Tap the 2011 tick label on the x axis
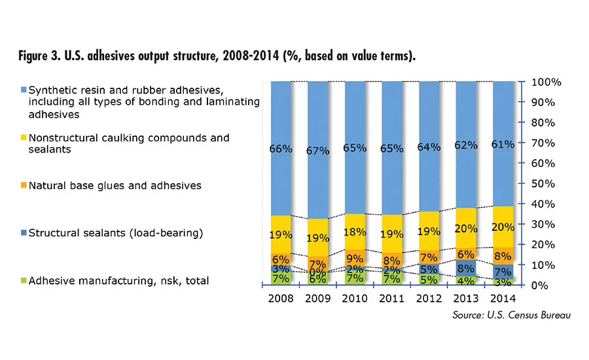tap(391, 300)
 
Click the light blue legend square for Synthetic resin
tap(22, 89)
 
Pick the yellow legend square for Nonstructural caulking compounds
tap(22, 138)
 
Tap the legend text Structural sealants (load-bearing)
tap(109, 233)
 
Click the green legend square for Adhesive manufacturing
tap(22, 281)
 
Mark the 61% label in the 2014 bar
tap(503, 143)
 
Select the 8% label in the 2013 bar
tap(465, 267)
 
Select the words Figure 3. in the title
tap(43, 56)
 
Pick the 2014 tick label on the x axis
tap(503, 300)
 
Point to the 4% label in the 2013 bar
tap(465, 280)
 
